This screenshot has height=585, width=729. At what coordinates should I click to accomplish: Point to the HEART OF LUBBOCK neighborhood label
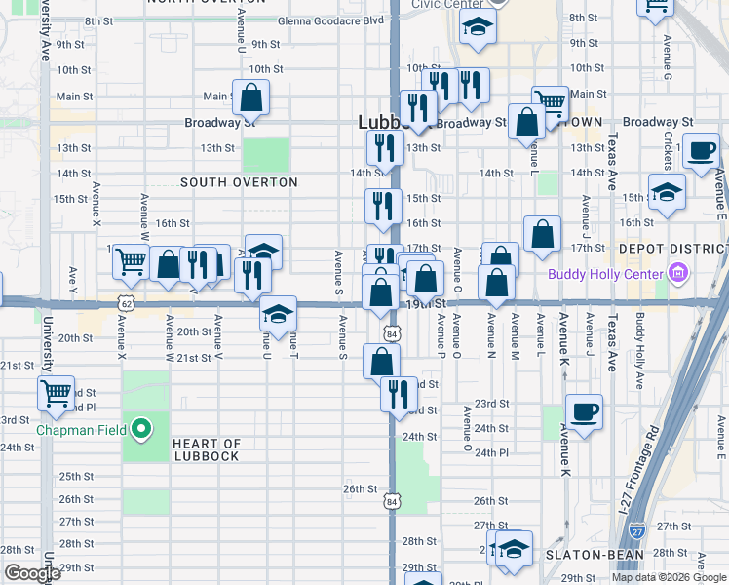coord(206,450)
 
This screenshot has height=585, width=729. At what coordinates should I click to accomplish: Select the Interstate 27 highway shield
coord(636,531)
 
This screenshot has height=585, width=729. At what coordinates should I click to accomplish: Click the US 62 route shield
coord(125,304)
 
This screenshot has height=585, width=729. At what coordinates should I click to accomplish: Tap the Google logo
coord(32,574)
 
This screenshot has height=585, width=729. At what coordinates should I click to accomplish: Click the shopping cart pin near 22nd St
coord(57,394)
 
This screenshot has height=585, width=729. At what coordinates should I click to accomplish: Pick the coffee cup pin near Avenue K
coord(584,411)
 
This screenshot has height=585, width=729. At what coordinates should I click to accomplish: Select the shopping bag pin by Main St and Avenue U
coord(250,97)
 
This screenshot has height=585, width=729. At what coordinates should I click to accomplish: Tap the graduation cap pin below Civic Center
coord(478,27)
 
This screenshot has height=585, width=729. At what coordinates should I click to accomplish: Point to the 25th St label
coord(76,477)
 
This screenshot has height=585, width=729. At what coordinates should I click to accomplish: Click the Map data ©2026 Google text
coord(669,577)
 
